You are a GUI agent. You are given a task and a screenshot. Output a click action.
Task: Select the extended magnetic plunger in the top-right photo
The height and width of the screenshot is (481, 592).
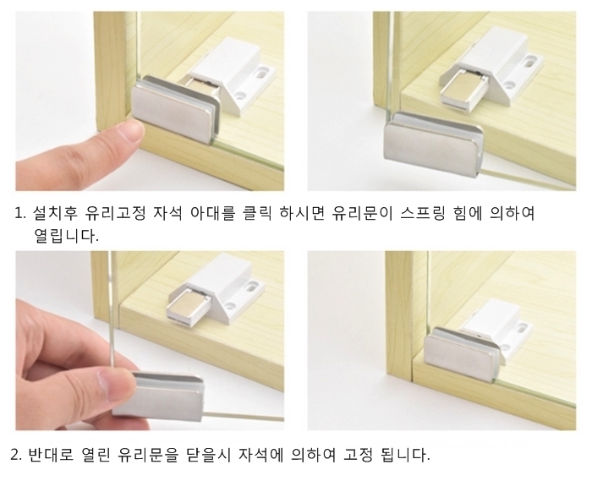pyautogui.click(x=463, y=92)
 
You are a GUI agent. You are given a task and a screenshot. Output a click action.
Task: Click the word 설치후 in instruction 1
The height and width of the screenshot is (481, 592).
pyautogui.click(x=55, y=214)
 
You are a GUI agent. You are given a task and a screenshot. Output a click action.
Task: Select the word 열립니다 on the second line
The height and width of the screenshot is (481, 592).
pyautogui.click(x=67, y=236)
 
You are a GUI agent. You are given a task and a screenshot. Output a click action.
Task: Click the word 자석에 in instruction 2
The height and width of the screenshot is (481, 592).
pyautogui.click(x=260, y=454)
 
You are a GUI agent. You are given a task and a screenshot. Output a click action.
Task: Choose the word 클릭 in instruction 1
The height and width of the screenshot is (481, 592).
pyautogui.click(x=257, y=214)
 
